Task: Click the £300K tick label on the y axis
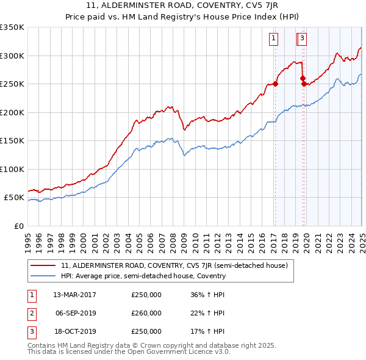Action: click(x=12, y=56)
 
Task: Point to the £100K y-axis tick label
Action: click(x=12, y=169)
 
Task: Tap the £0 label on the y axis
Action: click(x=18, y=226)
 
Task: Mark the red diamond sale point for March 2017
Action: click(x=275, y=84)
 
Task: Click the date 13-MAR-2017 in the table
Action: click(x=75, y=295)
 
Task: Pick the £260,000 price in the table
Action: click(x=146, y=313)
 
